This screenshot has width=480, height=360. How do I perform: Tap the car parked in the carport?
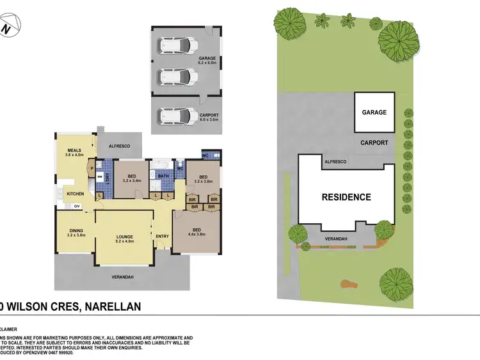[x=179, y=116]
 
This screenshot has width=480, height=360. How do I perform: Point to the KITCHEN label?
[x=76, y=193]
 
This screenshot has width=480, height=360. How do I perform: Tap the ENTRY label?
[x=163, y=237]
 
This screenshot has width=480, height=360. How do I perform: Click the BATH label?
[x=163, y=176]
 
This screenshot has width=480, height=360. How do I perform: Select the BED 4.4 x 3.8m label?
[x=197, y=231]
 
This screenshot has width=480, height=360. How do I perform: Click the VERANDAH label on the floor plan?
[x=122, y=276]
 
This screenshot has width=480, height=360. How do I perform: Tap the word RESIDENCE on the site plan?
[x=346, y=197]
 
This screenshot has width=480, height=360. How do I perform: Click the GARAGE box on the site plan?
[x=374, y=113]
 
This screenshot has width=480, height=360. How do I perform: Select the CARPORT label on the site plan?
[x=374, y=143]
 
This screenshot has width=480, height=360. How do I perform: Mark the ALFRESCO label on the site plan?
[x=335, y=162]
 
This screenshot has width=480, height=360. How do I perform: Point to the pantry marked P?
[x=92, y=169]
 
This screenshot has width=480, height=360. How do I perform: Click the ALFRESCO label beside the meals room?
[x=119, y=146]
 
